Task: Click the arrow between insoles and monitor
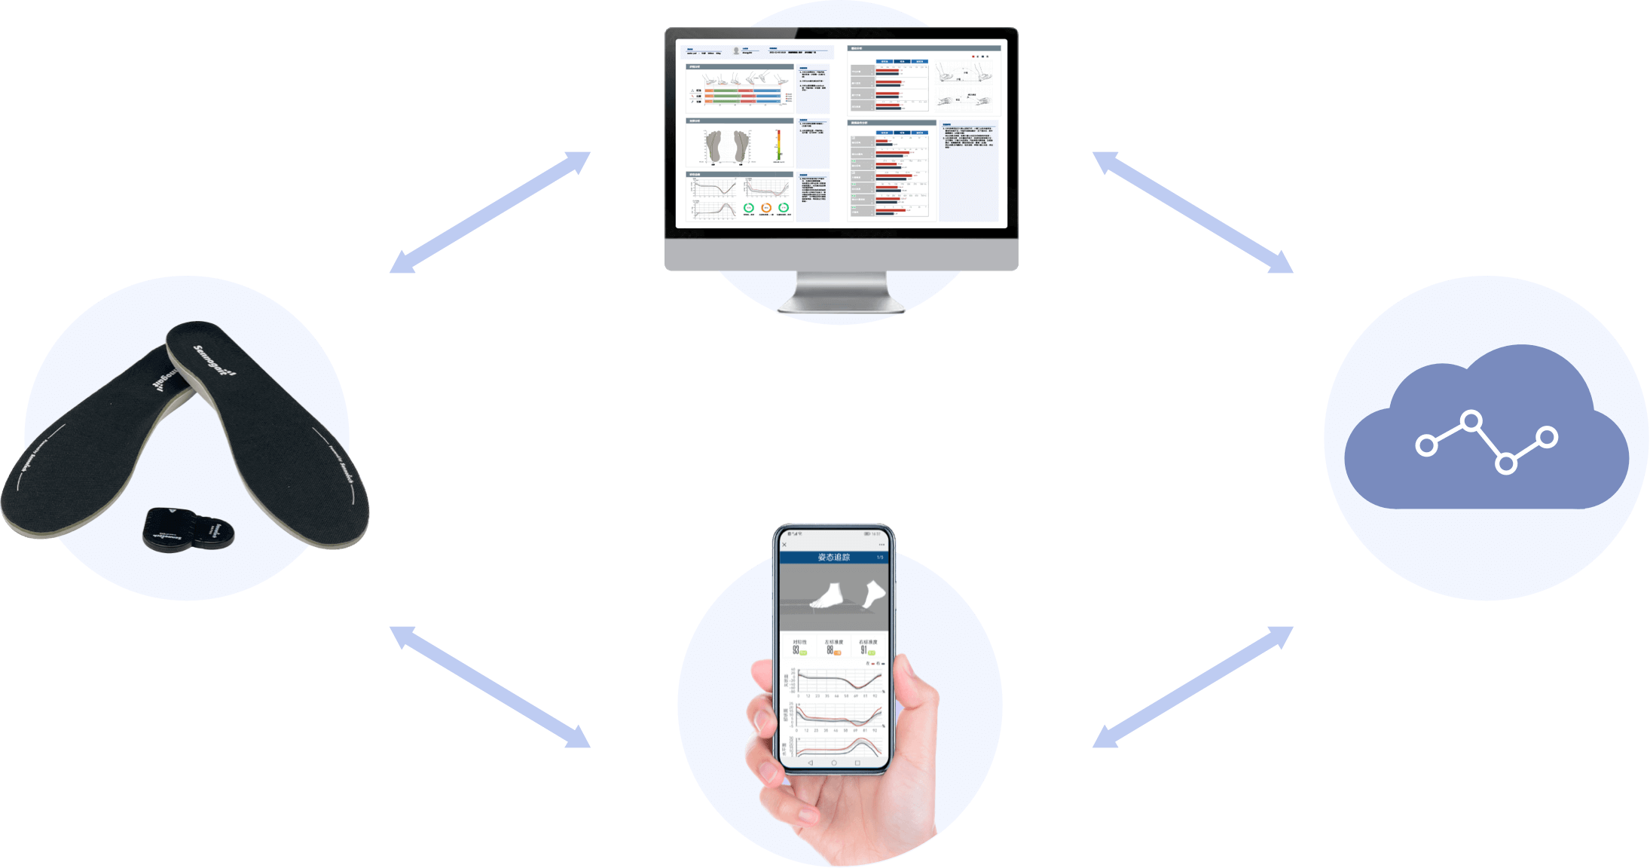(490, 212)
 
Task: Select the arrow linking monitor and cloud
(1193, 212)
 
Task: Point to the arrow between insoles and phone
(490, 686)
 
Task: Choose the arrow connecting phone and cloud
(1193, 686)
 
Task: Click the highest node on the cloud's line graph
(1470, 420)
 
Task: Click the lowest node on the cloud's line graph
(1505, 463)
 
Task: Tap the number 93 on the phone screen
(796, 649)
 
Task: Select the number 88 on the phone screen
(830, 649)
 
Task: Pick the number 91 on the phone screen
(863, 649)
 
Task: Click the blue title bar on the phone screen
(833, 558)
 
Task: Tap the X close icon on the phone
(784, 545)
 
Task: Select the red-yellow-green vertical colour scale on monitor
(779, 145)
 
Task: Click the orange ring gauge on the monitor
(766, 208)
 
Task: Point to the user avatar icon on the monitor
(736, 52)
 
